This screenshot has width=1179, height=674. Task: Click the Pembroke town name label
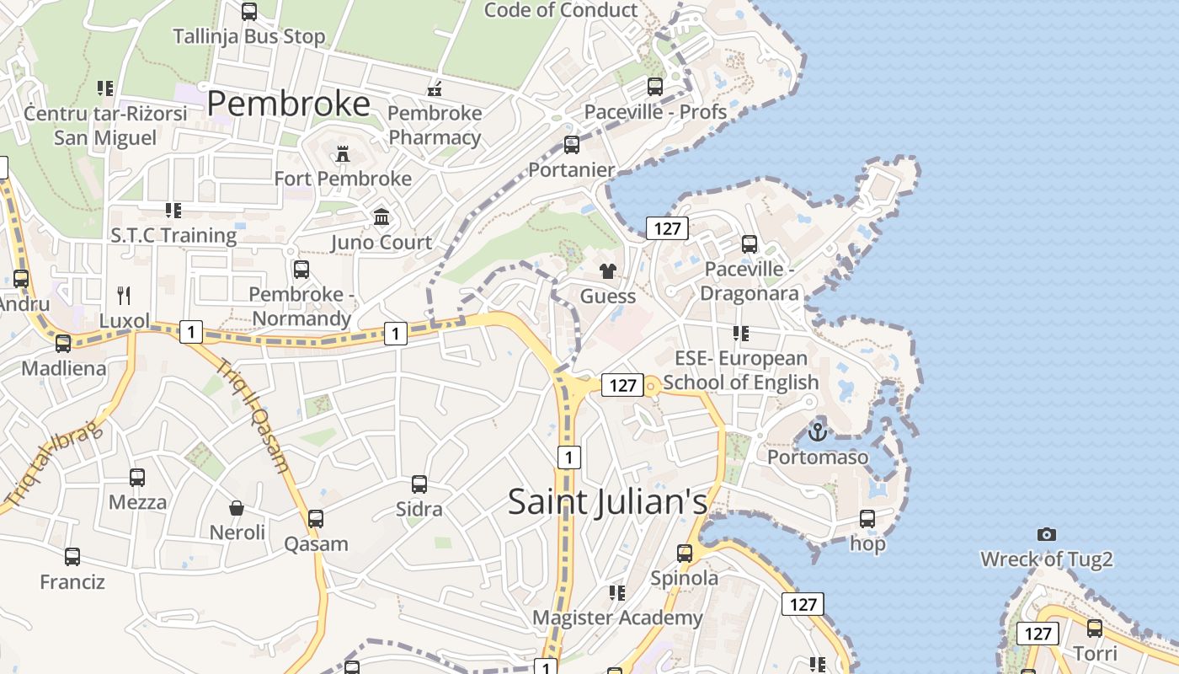click(x=288, y=104)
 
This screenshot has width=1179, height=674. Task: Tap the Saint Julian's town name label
click(x=607, y=502)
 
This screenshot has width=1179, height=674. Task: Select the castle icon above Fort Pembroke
click(x=343, y=154)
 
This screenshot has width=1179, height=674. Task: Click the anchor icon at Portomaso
click(x=817, y=433)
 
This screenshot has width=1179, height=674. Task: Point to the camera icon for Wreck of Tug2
click(x=1047, y=534)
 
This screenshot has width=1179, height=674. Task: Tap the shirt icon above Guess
click(x=607, y=271)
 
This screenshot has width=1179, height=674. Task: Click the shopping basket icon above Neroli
click(x=237, y=508)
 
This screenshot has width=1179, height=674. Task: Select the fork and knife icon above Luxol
click(x=124, y=295)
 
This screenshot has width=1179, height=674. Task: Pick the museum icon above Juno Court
click(x=381, y=217)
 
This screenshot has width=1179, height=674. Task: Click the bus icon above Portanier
click(x=572, y=145)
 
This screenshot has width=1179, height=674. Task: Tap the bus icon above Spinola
click(x=685, y=554)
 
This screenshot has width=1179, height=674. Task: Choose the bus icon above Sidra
click(x=419, y=484)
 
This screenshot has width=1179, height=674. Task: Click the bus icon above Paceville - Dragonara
click(x=749, y=244)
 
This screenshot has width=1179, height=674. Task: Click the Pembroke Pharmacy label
click(x=435, y=125)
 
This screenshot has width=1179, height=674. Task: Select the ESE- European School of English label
click(x=741, y=371)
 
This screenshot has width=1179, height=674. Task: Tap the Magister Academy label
click(x=617, y=618)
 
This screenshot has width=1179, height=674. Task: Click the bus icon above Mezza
click(x=137, y=478)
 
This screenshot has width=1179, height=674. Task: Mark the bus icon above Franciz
click(x=72, y=557)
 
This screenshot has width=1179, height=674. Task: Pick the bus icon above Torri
click(x=1095, y=628)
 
